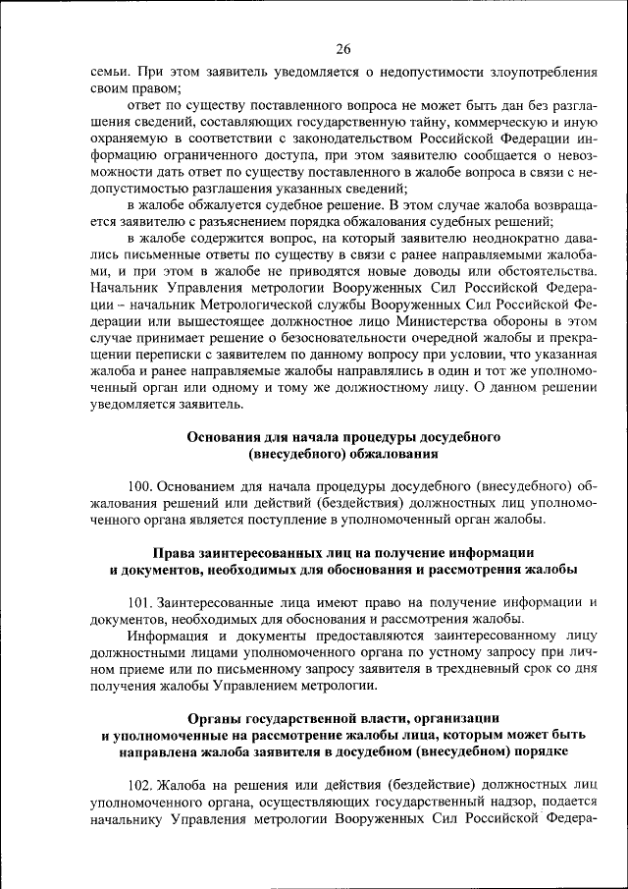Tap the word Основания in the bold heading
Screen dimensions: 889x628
point(228,436)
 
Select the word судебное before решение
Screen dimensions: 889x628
point(300,205)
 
